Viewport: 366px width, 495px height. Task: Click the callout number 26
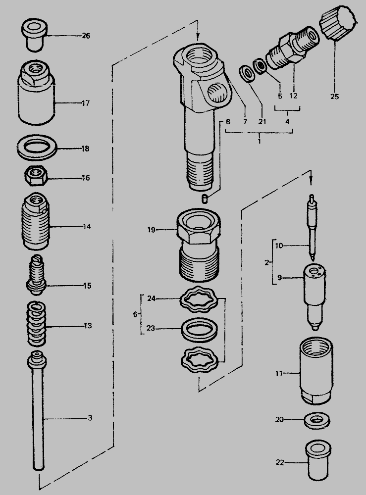(86, 36)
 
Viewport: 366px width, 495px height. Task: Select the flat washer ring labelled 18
(37, 148)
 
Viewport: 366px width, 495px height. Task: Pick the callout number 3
(90, 418)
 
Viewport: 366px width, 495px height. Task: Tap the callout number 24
(152, 298)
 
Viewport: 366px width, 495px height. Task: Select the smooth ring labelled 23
(200, 329)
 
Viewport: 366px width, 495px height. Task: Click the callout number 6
(135, 315)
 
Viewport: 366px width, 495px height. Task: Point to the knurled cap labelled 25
(337, 23)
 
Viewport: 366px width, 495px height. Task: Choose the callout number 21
(262, 122)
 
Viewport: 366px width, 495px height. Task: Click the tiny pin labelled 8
(205, 199)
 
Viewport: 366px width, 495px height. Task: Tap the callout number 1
(259, 141)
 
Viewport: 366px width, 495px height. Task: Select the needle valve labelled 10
(312, 227)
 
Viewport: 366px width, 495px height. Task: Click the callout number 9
(279, 278)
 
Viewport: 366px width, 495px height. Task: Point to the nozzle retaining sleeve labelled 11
(316, 370)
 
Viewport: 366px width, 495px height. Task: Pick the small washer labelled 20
(317, 421)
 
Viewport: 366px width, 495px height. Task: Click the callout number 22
(280, 462)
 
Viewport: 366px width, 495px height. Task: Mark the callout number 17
(86, 103)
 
